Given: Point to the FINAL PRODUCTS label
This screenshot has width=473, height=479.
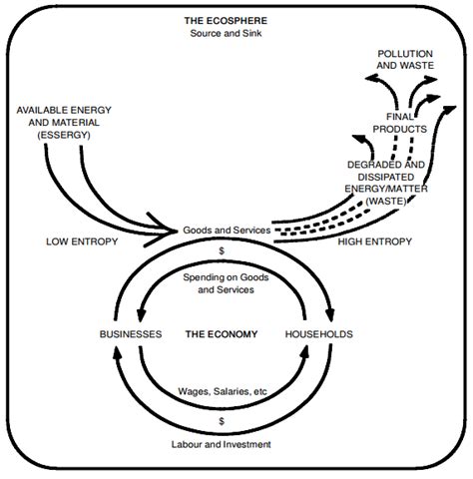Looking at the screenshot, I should click(405, 122).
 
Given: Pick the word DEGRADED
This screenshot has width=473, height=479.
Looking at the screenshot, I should click(384, 163).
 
